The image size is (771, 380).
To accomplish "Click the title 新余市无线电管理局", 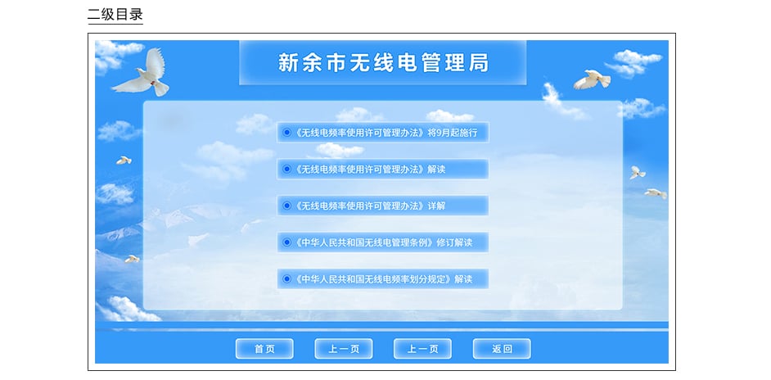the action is pyautogui.click(x=383, y=63).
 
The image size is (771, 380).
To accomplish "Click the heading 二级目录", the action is pyautogui.click(x=115, y=14).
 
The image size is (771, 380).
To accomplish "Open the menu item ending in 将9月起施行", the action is pyautogui.click(x=382, y=133).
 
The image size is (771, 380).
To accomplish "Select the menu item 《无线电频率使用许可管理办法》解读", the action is pyautogui.click(x=382, y=170).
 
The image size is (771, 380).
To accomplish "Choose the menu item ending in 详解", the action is pyautogui.click(x=382, y=206).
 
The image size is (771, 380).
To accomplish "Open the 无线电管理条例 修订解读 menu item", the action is pyautogui.click(x=382, y=242).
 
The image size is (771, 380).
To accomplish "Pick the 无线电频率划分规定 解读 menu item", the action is pyautogui.click(x=382, y=279).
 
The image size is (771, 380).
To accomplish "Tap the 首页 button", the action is pyautogui.click(x=264, y=349).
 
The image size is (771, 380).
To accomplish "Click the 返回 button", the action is pyautogui.click(x=502, y=349).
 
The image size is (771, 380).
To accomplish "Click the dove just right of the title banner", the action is pyautogui.click(x=592, y=79).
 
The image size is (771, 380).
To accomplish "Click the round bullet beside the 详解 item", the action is pyautogui.click(x=286, y=206).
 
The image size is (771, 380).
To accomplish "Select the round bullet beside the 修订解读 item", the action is pyautogui.click(x=286, y=242).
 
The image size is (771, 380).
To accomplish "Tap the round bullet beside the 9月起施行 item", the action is pyautogui.click(x=286, y=133).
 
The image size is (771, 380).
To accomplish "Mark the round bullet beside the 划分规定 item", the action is pyautogui.click(x=286, y=279).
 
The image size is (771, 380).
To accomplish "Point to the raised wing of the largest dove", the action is pyautogui.click(x=156, y=62).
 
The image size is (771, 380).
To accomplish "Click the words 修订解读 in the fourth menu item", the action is pyautogui.click(x=454, y=242).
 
